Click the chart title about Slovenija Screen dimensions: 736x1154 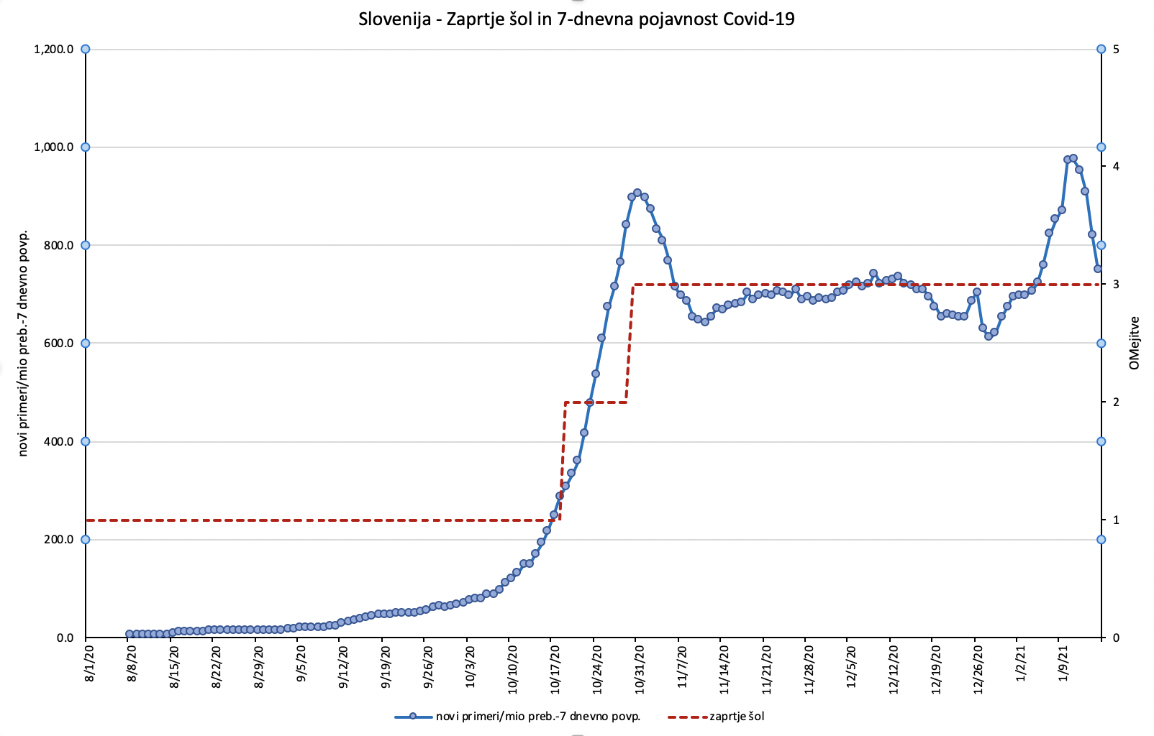click(x=576, y=19)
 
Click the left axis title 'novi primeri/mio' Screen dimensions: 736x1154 click(x=23, y=344)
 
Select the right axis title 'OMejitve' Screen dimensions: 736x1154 click(x=1135, y=343)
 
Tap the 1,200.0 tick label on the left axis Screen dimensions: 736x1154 click(x=54, y=50)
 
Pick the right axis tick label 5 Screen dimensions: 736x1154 click(x=1116, y=50)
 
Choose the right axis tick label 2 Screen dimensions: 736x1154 click(x=1116, y=402)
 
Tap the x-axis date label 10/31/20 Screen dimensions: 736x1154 click(x=638, y=669)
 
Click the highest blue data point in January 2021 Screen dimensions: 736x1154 click(x=1073, y=158)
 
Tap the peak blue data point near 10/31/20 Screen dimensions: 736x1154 click(x=637, y=193)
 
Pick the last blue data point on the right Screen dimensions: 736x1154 click(x=1098, y=269)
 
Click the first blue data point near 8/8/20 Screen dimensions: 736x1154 click(x=130, y=634)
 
